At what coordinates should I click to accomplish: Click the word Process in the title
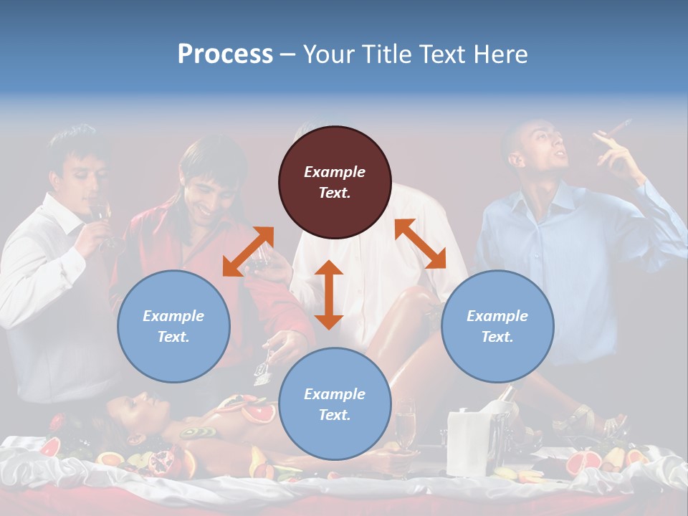pyautogui.click(x=225, y=54)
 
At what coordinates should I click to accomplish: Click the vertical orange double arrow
pyautogui.click(x=329, y=295)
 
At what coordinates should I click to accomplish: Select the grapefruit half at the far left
pyautogui.click(x=49, y=447)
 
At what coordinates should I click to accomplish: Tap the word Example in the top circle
pyautogui.click(x=335, y=172)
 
